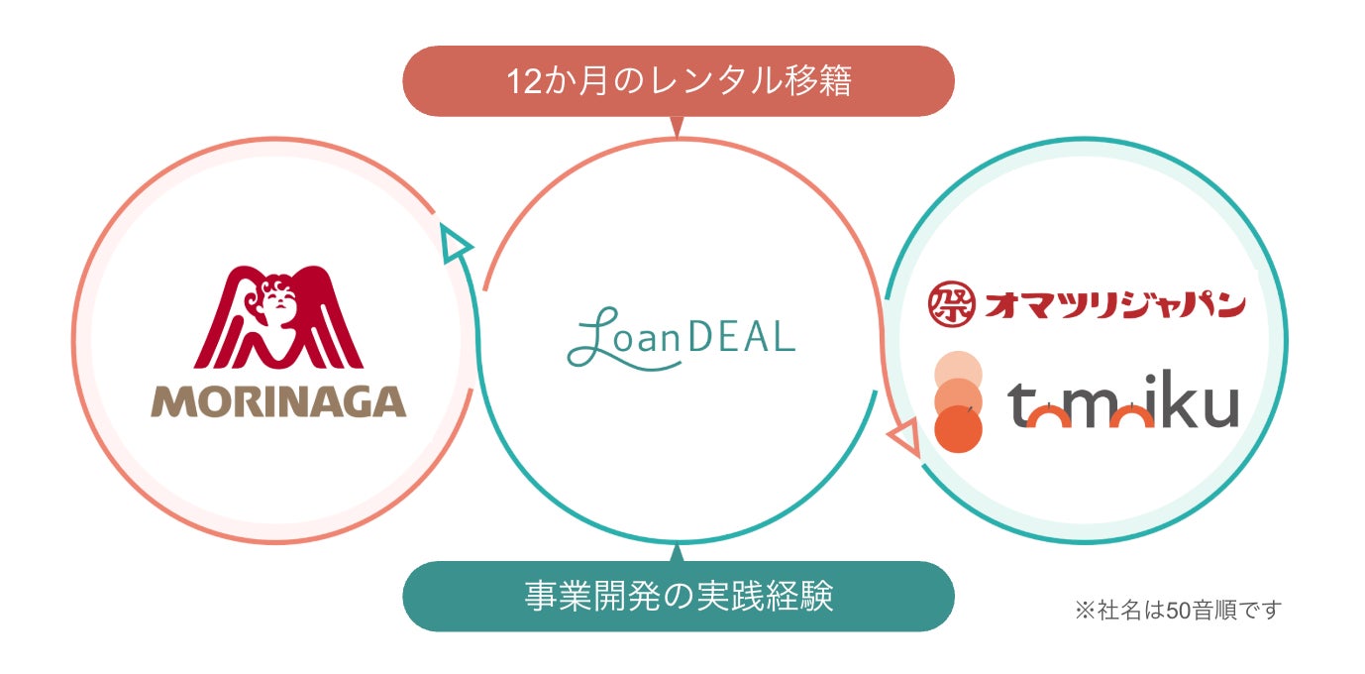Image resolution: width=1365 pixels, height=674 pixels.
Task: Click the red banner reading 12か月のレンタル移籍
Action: pos(679,81)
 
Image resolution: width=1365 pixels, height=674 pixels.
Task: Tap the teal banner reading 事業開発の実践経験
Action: pos(679,597)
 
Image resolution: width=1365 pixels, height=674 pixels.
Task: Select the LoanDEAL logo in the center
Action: pos(681,338)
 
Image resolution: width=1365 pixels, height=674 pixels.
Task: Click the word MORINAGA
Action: pos(278,401)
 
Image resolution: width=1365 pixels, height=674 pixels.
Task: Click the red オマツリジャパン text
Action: pos(1114,303)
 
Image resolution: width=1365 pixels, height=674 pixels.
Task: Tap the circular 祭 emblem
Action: pos(951,303)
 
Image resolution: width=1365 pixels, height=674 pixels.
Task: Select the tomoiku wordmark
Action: pos(1123,405)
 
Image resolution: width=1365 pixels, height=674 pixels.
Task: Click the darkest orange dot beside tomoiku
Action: pos(958,429)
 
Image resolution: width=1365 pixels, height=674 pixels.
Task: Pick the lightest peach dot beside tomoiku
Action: pos(958,372)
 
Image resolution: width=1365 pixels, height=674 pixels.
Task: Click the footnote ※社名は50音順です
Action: pos(1178,610)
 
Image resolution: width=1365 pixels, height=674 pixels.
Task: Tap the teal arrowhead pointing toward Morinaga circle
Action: pos(455,243)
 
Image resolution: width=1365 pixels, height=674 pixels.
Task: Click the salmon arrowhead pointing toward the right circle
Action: pos(905,437)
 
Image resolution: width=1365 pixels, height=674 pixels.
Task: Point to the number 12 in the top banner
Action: pos(521,81)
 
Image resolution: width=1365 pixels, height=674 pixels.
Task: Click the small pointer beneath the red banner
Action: pos(678,127)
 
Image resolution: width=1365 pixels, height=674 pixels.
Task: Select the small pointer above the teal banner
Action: pos(678,551)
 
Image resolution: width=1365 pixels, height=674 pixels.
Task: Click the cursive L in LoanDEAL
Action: pos(592,338)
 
